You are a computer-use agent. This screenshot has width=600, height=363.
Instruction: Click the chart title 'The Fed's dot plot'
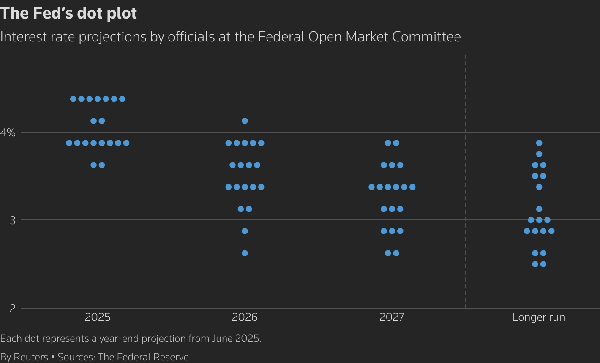[x=68, y=13]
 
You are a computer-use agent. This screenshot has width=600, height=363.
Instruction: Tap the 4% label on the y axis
[x=8, y=133]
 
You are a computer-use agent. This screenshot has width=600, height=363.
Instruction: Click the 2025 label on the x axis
[x=98, y=317]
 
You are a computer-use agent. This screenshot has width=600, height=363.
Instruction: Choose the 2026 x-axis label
[x=245, y=317]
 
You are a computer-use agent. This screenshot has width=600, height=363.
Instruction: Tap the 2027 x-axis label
[x=392, y=317]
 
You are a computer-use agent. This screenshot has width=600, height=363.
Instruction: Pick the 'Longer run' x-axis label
[x=539, y=317]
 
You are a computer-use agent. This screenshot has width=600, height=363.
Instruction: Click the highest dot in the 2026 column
[x=245, y=121]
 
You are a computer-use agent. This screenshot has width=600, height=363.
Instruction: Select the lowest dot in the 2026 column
[x=245, y=253]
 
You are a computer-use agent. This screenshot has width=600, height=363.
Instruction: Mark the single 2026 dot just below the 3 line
[x=245, y=231]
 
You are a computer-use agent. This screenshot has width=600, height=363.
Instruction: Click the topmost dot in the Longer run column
[x=539, y=143]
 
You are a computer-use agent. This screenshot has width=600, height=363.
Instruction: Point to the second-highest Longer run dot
[x=539, y=154]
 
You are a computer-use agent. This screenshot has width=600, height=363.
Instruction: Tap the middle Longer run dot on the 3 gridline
[x=539, y=220]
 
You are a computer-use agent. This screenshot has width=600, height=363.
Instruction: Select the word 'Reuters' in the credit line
[x=31, y=357]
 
